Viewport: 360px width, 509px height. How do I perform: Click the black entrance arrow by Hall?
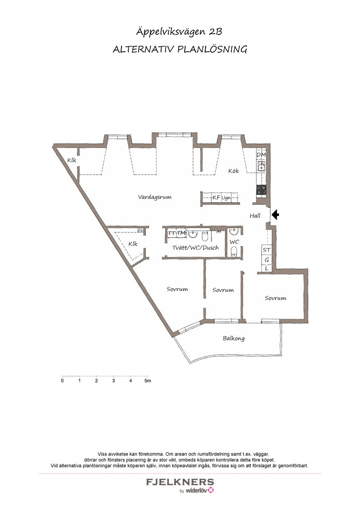pos(275,214)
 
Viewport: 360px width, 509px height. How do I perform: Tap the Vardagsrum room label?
pos(155,197)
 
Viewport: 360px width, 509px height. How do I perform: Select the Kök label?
pos(233,171)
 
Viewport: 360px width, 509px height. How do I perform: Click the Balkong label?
pos(234,338)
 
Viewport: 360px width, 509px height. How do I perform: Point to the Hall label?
pos(255,215)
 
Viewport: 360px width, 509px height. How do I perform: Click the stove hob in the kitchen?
pos(261,190)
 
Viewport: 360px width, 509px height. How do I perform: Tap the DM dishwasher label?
pos(261,155)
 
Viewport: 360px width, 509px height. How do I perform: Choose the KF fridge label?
pos(216,197)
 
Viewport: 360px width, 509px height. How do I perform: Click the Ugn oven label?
pos(226,198)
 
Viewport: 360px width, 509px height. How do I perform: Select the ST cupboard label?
pos(266,250)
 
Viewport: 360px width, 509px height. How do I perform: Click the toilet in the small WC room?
pos(234,252)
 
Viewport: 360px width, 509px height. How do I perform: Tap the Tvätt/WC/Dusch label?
pos(195,247)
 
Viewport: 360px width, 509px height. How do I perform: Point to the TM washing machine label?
pos(181,233)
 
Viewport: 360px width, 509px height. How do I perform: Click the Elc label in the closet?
pos(140,231)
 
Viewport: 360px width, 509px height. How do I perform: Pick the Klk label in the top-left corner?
pos(72,160)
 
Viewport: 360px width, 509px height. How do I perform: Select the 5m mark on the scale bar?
pos(148,380)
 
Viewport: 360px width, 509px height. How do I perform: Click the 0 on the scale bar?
pos(63,380)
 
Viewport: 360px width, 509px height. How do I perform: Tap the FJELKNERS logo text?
pos(180,482)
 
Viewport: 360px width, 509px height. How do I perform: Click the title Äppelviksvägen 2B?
pos(179,32)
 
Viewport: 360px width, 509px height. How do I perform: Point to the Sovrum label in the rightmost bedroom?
pos(275,298)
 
